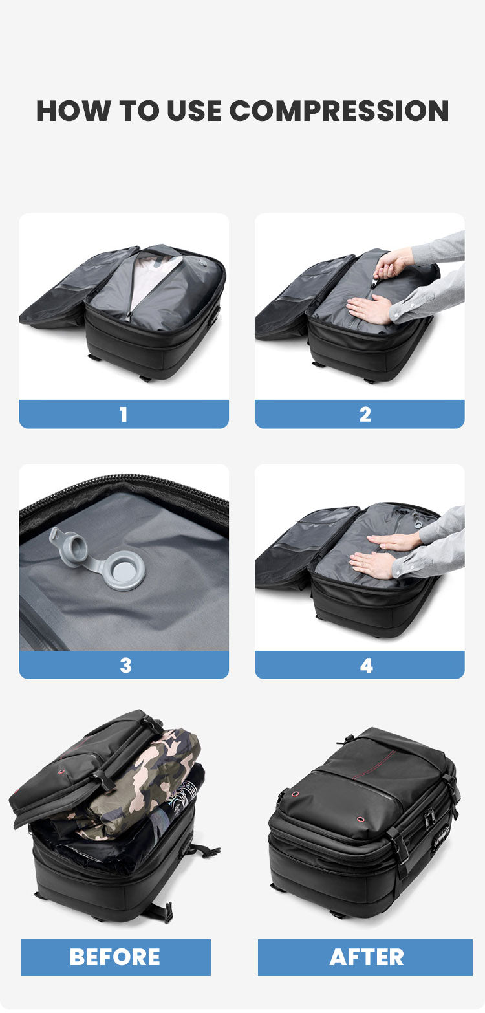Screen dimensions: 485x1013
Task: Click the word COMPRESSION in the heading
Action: coord(339,111)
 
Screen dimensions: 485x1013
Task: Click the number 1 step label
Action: coord(124,414)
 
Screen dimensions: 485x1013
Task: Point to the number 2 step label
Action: coord(365,414)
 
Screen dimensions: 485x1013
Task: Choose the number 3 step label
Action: coord(125,665)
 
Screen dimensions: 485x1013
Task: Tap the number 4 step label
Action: coord(366,665)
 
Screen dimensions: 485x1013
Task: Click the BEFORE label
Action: coord(115,957)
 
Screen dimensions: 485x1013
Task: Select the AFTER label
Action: coord(366,957)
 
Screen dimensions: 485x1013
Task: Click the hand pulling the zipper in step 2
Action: coord(393,265)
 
